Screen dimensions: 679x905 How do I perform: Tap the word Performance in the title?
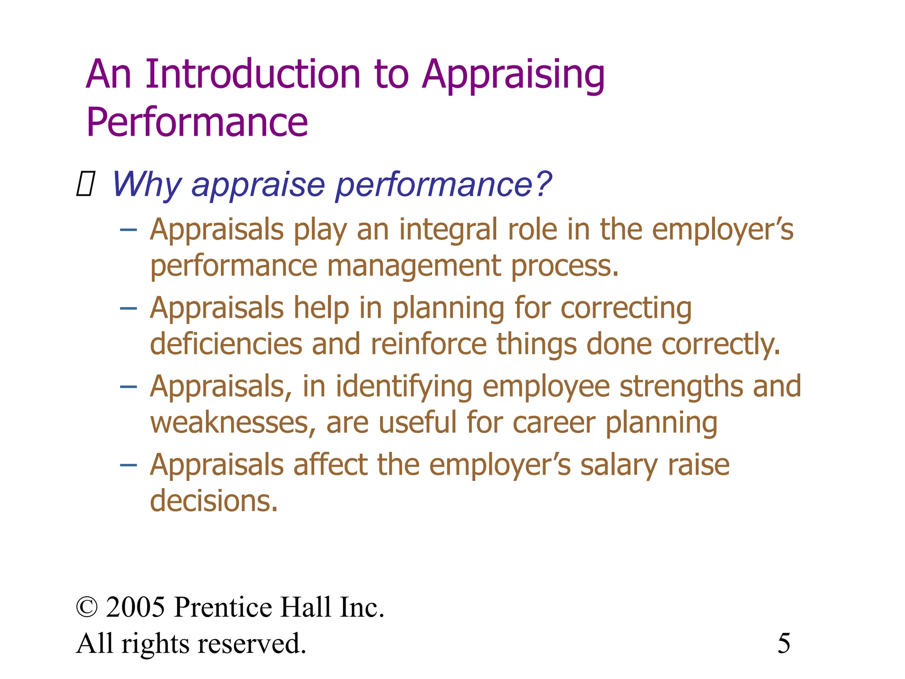(x=197, y=122)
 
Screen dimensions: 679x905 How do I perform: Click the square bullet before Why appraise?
(x=85, y=184)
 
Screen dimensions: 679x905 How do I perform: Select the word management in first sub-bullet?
(x=414, y=267)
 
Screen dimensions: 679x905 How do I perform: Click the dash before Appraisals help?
(x=128, y=308)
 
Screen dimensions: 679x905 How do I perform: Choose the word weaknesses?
(x=232, y=423)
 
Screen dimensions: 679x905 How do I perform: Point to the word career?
(x=554, y=423)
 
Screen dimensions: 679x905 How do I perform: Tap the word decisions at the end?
(x=213, y=502)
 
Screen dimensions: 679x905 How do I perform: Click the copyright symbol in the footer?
(x=87, y=607)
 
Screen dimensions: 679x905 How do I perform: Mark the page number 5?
(x=784, y=644)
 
